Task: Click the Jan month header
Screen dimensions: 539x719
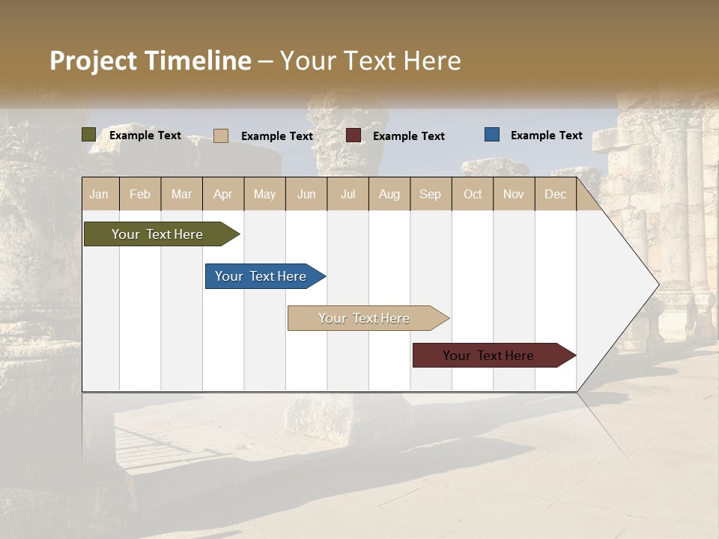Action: click(x=100, y=194)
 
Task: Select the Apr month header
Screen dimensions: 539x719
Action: click(x=223, y=194)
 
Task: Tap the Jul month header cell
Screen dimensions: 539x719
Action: click(x=348, y=194)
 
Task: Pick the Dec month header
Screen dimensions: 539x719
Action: click(x=555, y=194)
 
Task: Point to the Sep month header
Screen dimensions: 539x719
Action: click(x=430, y=194)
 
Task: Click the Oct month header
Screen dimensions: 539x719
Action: click(x=472, y=194)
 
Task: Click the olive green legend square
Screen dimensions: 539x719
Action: click(x=88, y=135)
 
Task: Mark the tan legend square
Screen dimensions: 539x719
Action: click(x=220, y=135)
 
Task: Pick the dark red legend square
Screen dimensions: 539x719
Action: click(x=354, y=135)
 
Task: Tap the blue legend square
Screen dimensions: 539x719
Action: click(x=491, y=135)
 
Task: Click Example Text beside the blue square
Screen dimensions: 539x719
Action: click(x=546, y=135)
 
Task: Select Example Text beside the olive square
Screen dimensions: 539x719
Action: click(x=145, y=135)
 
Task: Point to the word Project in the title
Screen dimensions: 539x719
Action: click(x=93, y=61)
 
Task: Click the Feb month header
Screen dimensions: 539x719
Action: click(x=140, y=194)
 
